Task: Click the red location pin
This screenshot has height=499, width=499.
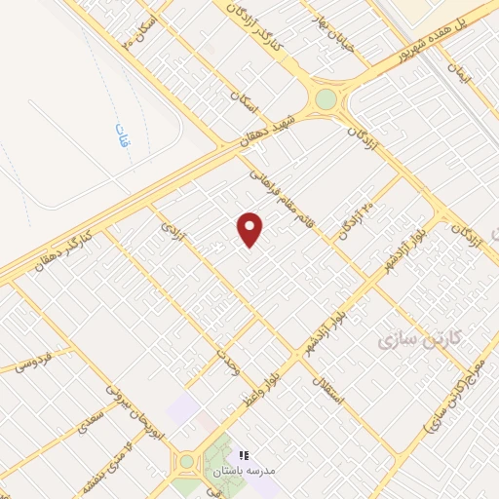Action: click(250, 229)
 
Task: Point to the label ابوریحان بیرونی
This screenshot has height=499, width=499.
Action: click(131, 408)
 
